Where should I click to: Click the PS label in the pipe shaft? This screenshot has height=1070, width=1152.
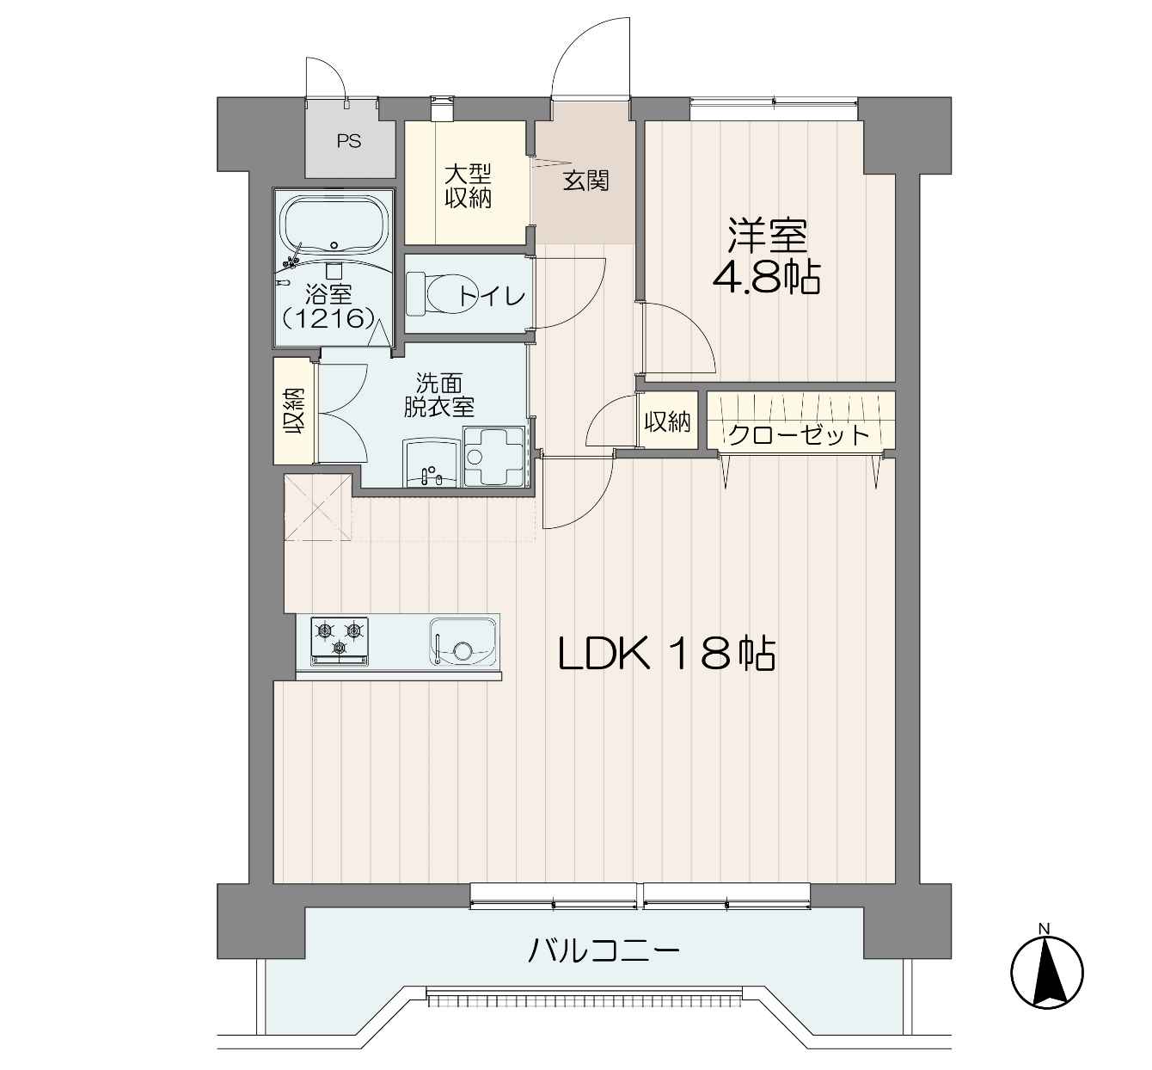[349, 141]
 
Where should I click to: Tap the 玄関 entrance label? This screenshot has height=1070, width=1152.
[585, 181]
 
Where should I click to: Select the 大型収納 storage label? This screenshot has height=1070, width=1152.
[469, 187]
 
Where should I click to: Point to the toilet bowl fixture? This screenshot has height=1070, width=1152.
[431, 293]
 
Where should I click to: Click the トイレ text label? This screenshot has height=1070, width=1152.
[492, 297]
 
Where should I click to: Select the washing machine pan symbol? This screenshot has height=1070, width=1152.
[493, 456]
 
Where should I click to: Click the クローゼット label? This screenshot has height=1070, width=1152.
[799, 435]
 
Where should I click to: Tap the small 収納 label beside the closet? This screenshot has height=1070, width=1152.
[668, 421]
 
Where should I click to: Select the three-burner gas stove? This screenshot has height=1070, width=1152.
[340, 640]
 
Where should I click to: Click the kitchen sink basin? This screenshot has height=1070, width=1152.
[463, 641]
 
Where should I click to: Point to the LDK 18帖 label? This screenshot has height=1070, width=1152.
[666, 655]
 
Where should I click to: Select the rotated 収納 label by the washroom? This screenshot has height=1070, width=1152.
[294, 411]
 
